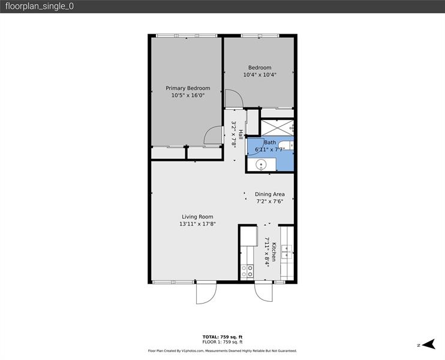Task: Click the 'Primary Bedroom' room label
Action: (188, 88)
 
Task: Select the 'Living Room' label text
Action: (197, 217)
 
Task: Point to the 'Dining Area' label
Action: (269, 194)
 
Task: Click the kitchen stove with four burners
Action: (247, 271)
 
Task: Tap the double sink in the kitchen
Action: (287, 251)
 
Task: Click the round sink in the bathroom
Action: (261, 165)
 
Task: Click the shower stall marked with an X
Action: (276, 127)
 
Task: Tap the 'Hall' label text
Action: (240, 134)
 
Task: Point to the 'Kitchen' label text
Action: (273, 251)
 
